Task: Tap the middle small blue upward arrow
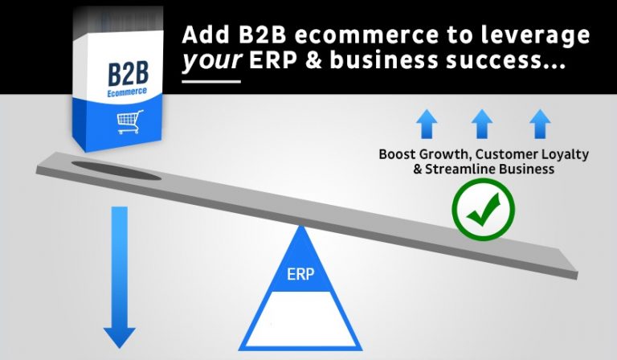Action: click(x=481, y=124)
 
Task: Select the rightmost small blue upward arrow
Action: click(x=537, y=124)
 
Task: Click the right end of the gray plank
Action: click(x=566, y=266)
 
